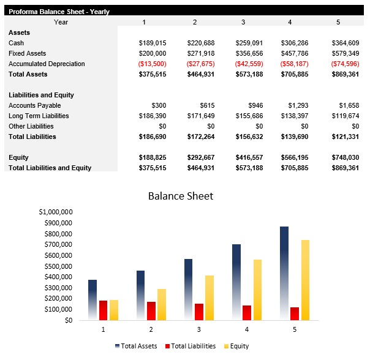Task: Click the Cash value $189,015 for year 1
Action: (x=153, y=43)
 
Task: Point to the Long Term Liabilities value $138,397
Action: (x=296, y=116)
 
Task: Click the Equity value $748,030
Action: (x=345, y=157)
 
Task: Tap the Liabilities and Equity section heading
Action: (x=41, y=95)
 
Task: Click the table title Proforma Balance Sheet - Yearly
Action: (x=59, y=12)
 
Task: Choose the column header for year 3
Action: (x=243, y=22)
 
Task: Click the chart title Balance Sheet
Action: (x=181, y=196)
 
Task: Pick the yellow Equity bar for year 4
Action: (x=257, y=290)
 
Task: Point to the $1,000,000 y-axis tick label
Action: (x=56, y=212)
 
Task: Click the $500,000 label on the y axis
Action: (x=58, y=266)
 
